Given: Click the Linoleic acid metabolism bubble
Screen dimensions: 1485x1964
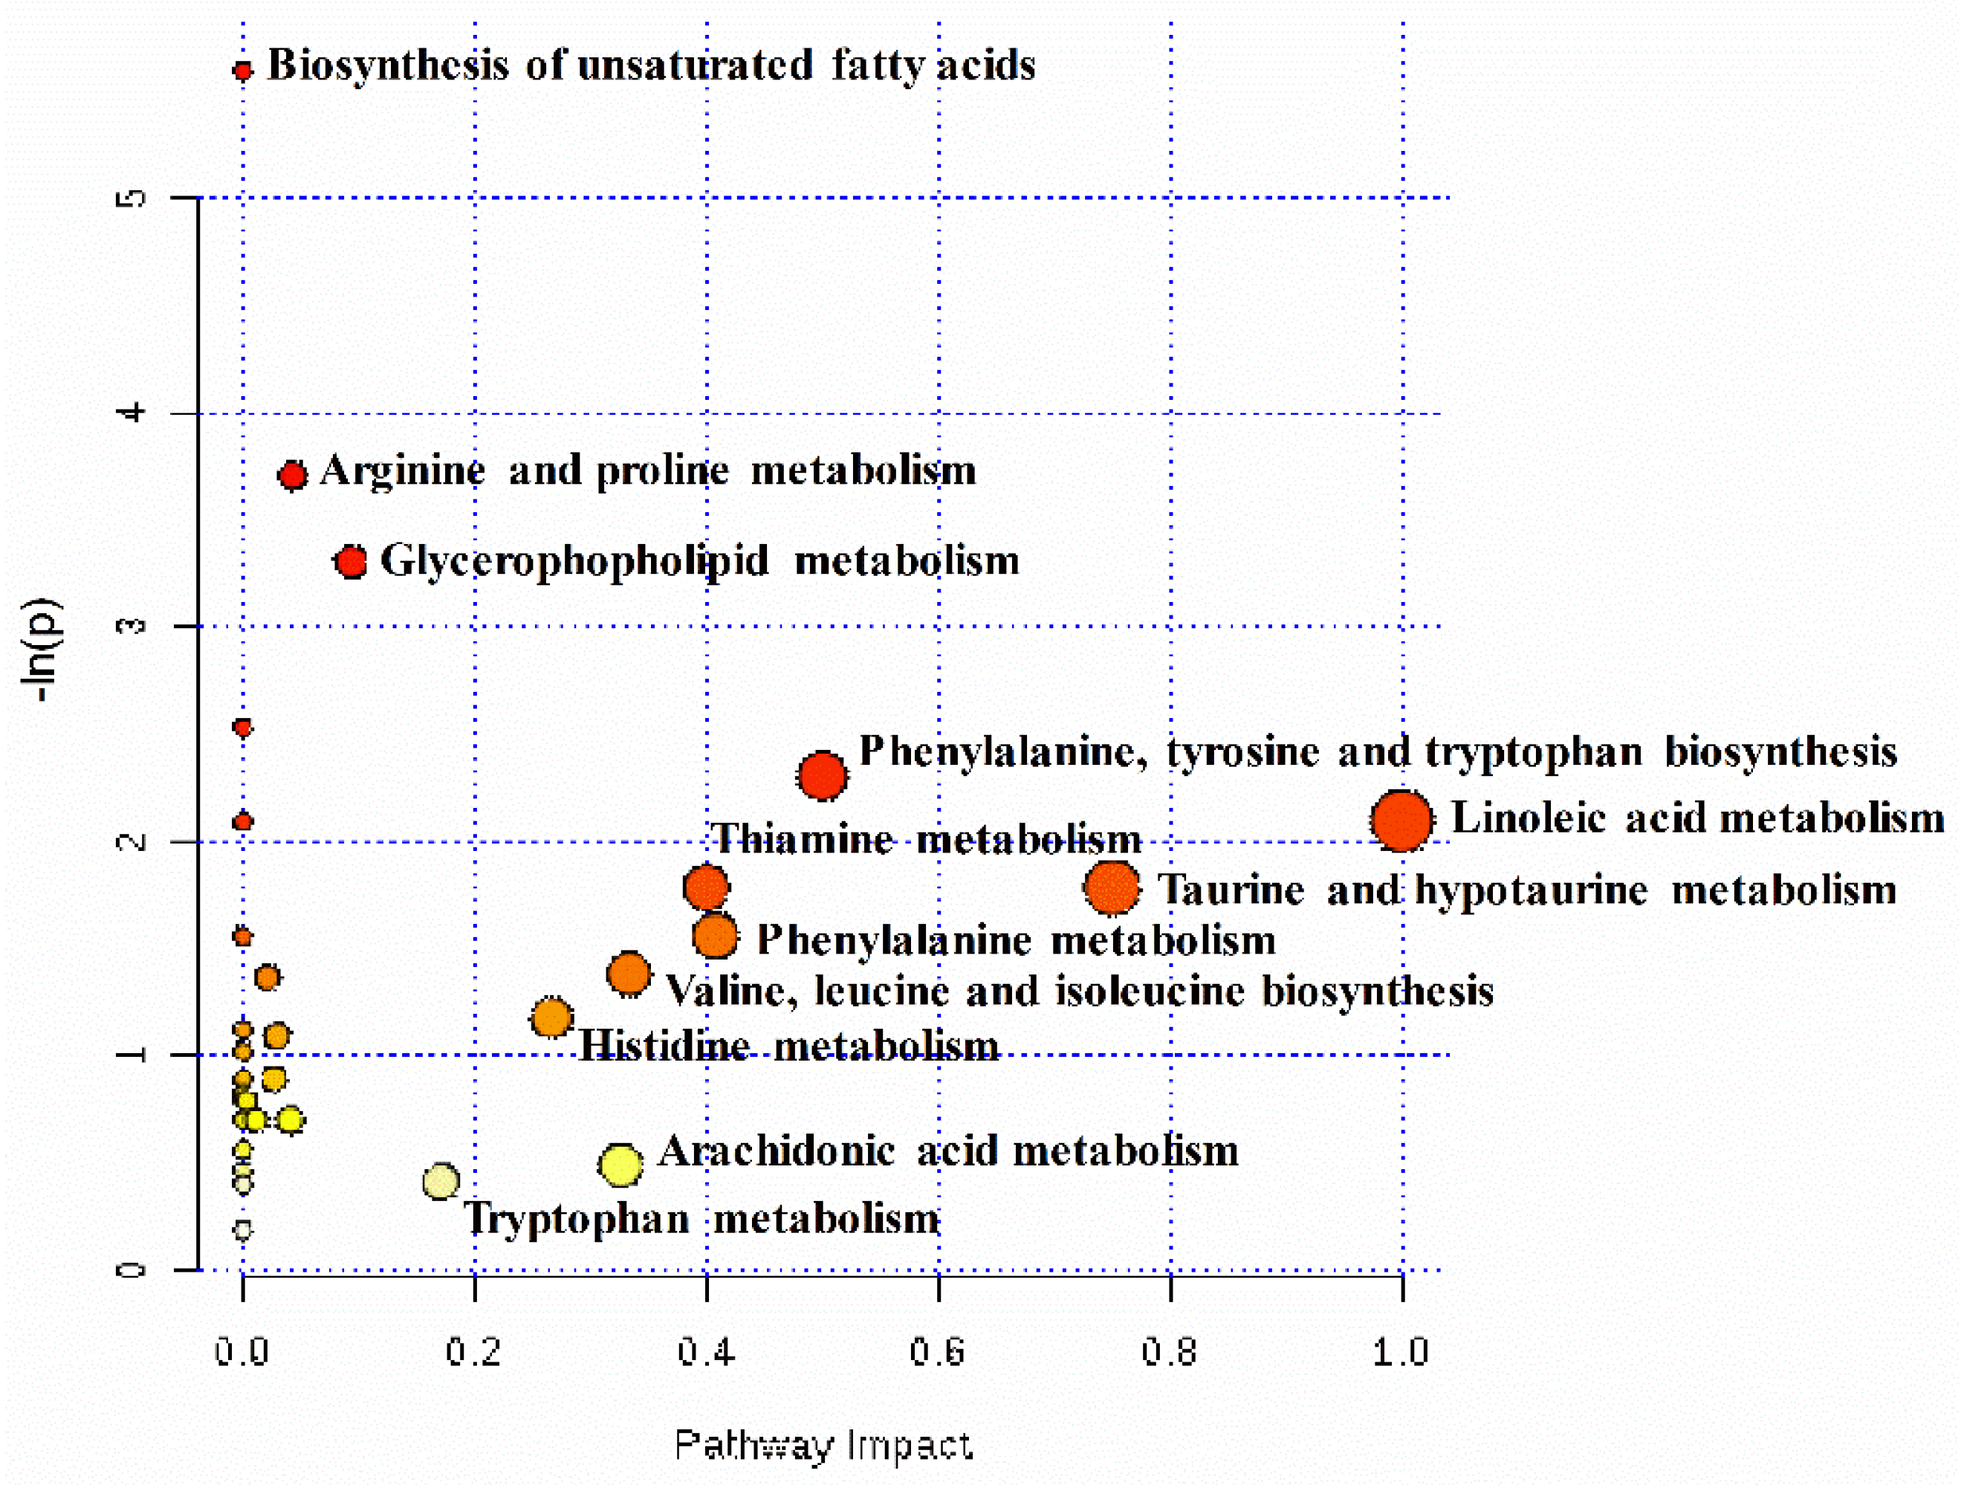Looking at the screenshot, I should coord(1401,820).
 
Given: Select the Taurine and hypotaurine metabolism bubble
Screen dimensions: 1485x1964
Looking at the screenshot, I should coord(1112,887).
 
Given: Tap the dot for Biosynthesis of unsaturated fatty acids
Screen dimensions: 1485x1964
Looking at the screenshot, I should coord(242,70).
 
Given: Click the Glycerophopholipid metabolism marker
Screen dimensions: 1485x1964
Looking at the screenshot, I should coord(351,561).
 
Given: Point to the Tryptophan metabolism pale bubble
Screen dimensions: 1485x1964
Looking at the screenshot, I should coord(441,1181).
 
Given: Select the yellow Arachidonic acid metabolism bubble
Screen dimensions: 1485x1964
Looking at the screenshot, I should coord(620,1165).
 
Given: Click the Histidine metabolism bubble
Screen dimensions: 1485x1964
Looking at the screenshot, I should coord(551,1017).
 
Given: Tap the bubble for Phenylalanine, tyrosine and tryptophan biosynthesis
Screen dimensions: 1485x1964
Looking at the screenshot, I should coord(822,775).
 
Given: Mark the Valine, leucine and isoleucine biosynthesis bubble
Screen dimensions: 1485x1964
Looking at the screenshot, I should coord(629,974).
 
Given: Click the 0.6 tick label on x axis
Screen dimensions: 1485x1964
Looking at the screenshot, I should coord(938,1352).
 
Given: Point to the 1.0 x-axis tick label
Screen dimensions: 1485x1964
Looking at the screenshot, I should coord(1400,1352).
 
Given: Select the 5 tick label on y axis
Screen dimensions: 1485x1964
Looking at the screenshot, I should coord(132,197).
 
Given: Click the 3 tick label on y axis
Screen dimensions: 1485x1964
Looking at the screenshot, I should coord(132,626).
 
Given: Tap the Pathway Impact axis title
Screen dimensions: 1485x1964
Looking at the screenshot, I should coord(823,1445).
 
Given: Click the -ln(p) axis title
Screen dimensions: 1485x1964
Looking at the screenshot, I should coord(42,651).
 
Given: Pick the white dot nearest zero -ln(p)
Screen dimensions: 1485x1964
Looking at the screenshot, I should coord(242,1229).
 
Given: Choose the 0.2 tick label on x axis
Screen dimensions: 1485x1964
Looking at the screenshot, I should coord(473,1352).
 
